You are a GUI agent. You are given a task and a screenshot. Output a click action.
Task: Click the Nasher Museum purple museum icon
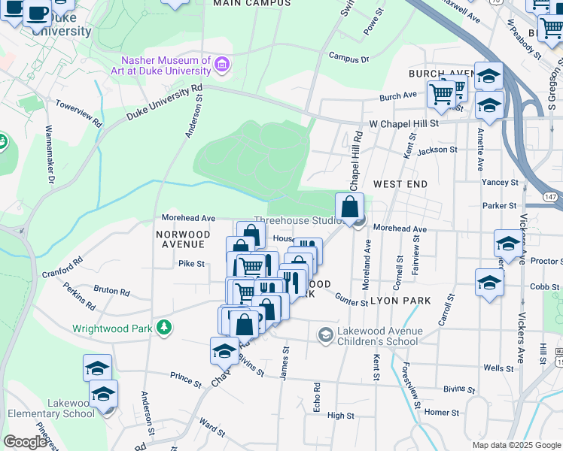(222, 65)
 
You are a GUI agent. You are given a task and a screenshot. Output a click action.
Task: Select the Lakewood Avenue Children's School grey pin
(326, 334)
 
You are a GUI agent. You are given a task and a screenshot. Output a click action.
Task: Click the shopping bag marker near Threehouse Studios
(350, 207)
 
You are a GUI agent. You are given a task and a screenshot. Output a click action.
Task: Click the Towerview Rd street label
(78, 113)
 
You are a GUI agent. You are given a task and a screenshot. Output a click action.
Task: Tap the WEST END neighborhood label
(400, 184)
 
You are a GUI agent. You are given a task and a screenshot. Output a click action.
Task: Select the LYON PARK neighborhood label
(400, 301)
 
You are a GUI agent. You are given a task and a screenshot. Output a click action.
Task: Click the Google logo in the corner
(25, 442)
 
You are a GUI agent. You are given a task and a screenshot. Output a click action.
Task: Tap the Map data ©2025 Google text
(517, 445)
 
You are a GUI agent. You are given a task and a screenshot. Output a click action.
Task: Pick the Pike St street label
(191, 264)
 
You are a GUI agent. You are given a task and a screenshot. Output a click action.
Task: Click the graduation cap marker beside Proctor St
(509, 244)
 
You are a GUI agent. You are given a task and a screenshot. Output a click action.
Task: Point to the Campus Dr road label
(349, 58)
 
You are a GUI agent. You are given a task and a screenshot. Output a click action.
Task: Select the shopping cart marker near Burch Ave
(441, 95)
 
